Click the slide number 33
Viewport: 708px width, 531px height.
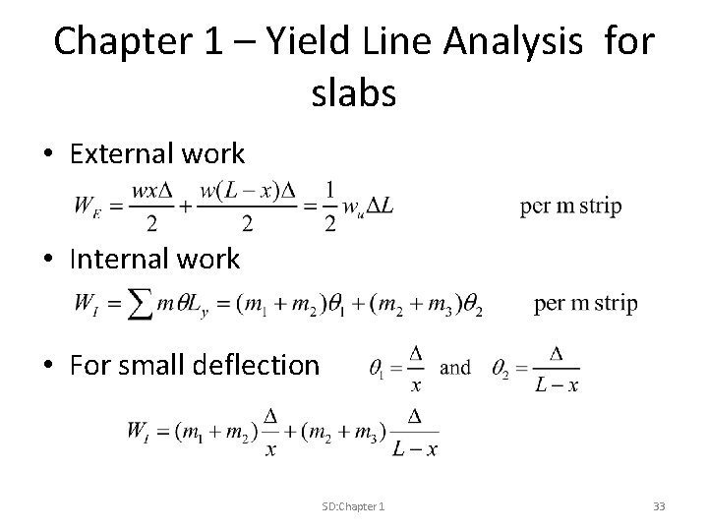[x=659, y=505]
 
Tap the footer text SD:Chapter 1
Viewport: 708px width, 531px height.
[x=353, y=505]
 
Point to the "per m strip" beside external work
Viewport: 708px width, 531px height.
[x=570, y=206]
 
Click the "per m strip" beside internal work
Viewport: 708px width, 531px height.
[x=585, y=304]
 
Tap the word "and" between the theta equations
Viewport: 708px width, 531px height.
[x=455, y=368]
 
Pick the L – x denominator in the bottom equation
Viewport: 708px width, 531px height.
[x=414, y=449]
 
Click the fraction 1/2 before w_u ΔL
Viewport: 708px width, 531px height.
[x=329, y=206]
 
